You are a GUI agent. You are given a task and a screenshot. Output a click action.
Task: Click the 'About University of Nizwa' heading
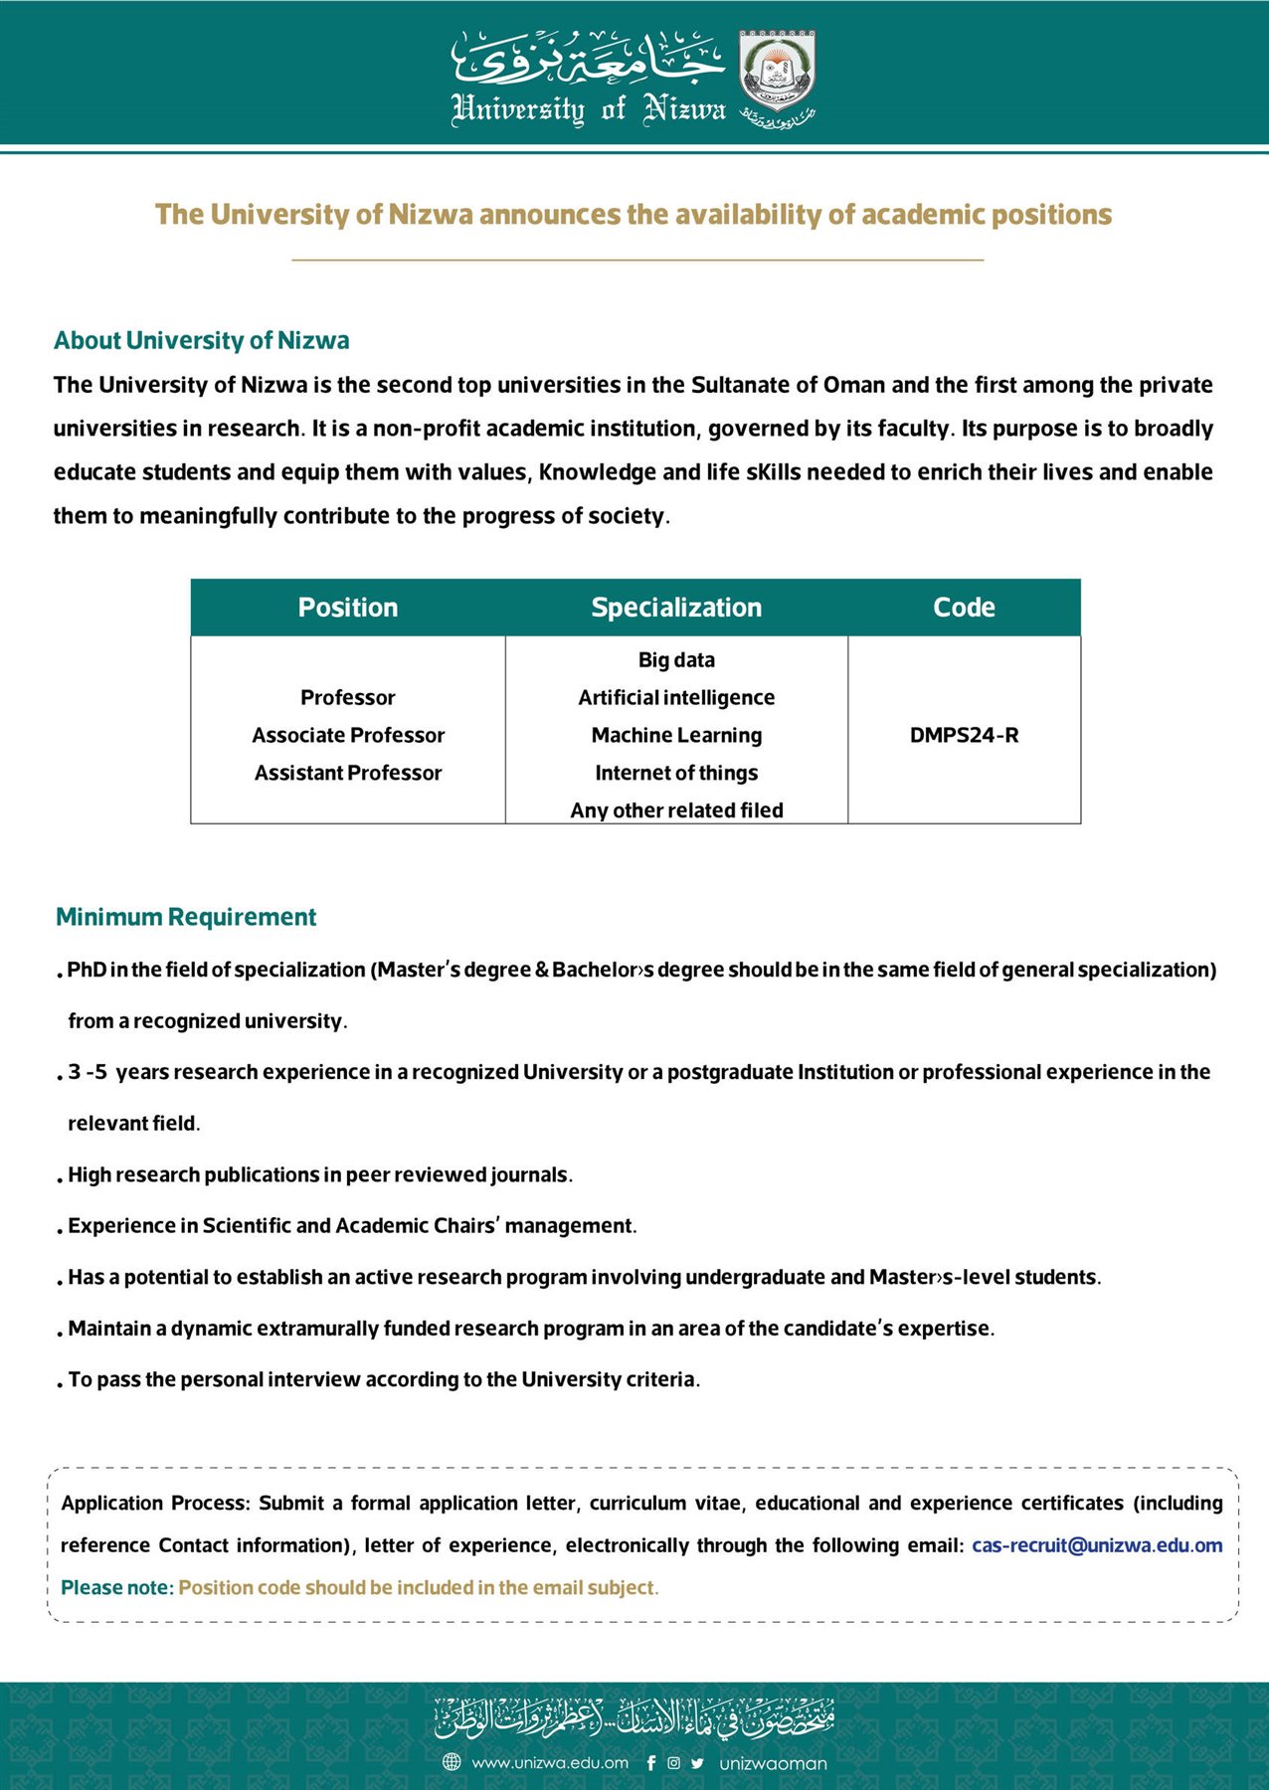tap(202, 341)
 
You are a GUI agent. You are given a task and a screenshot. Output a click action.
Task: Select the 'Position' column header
tap(348, 608)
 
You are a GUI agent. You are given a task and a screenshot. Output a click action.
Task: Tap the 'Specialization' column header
tap(676, 608)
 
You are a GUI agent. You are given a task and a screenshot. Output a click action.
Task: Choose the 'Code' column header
tap(964, 608)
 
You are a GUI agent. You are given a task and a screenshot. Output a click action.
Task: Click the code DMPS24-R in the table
tap(964, 736)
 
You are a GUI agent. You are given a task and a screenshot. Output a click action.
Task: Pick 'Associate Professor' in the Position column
tap(348, 736)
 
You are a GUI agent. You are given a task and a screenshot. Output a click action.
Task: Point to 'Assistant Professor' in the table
tap(348, 774)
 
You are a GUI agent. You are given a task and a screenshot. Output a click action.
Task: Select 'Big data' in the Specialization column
tap(676, 660)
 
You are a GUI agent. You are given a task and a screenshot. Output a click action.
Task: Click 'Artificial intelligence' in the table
tap(676, 698)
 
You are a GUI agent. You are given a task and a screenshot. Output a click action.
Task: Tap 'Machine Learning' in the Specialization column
tap(676, 736)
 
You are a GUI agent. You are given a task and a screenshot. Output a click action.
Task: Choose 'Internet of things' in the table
tap(676, 774)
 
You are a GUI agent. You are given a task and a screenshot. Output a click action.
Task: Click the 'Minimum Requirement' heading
tap(186, 917)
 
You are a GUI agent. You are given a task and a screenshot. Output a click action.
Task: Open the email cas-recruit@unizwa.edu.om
tap(1097, 1545)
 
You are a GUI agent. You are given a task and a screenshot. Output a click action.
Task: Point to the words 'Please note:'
tap(117, 1588)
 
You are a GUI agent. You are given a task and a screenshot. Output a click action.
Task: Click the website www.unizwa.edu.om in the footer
tap(550, 1763)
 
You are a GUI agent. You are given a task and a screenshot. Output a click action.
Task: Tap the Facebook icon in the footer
tap(651, 1763)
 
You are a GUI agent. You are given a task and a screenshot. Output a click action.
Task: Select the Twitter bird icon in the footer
tap(697, 1763)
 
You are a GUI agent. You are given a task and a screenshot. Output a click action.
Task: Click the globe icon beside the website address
tap(452, 1762)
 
